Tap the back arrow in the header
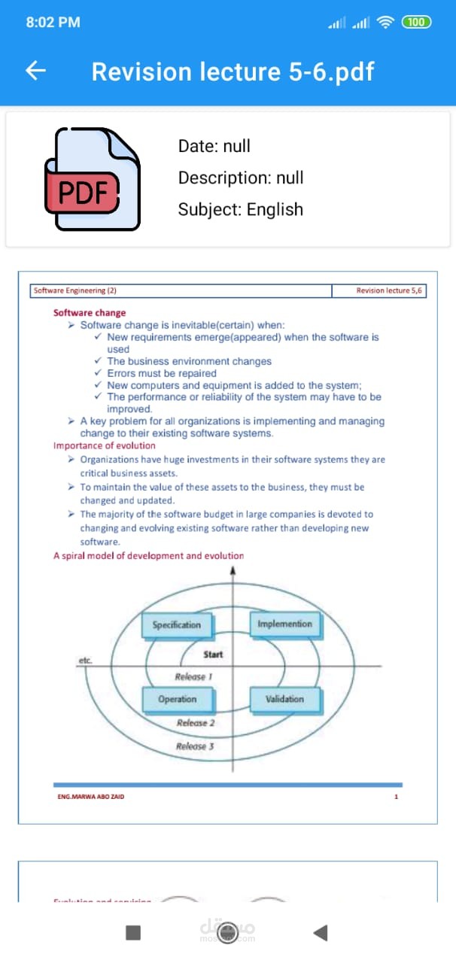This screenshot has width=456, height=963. pos(36,71)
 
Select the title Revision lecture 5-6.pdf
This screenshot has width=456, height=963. pos(233,71)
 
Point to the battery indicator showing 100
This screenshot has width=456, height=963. pos(417,22)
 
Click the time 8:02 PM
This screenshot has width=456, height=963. pos(53,23)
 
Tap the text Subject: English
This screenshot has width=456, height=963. pos(240,209)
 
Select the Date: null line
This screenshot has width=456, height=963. pos(214,146)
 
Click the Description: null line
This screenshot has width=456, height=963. pos(241,178)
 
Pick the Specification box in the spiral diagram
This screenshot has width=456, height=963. pos(177,624)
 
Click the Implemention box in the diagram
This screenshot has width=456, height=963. pos(284,624)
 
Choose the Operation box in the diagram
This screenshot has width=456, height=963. pos(177,699)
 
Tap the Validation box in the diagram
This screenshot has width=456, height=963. pos(284,699)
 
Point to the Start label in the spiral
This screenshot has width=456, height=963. pos(213,655)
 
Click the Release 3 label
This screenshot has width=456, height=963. pos(195,746)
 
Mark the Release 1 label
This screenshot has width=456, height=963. pos(193,676)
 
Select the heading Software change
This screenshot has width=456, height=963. pos(90,313)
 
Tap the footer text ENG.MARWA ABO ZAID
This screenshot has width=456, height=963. pos(91,797)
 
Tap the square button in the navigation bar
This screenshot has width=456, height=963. pos(133,933)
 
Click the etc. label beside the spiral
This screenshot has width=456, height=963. pos(85,660)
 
